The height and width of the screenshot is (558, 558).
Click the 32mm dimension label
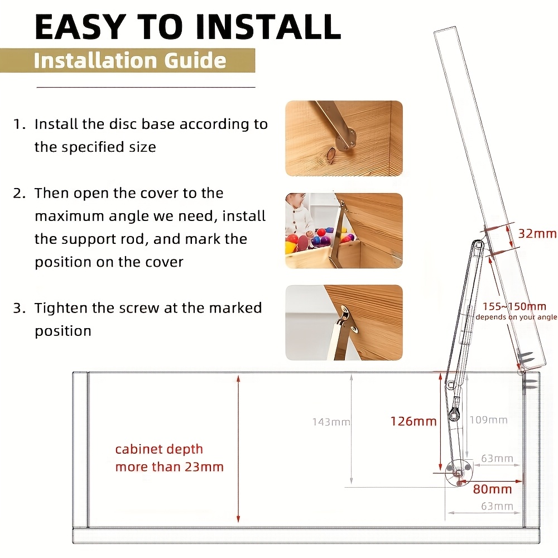pos(537,234)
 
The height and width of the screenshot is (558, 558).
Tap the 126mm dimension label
pos(413,421)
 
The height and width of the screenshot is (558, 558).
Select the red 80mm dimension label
pos(493,489)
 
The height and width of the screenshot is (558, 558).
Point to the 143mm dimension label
pos(331,422)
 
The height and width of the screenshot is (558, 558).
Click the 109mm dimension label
pos(488,420)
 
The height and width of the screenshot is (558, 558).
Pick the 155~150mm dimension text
pos(514,306)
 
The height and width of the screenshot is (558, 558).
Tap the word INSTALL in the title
pos(268,27)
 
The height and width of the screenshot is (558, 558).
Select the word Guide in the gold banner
pos(195,60)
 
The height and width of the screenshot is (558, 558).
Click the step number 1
pos(18,124)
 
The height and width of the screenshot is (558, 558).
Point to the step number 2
pos(19,193)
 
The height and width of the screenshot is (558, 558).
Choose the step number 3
pos(19,308)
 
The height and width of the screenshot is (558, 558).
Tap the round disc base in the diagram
pos(459,473)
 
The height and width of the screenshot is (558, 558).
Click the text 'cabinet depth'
pos(159,449)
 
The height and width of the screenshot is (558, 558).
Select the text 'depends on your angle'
pos(516,317)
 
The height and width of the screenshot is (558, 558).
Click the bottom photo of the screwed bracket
pos(344,323)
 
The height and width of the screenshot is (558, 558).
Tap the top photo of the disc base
pos(344,138)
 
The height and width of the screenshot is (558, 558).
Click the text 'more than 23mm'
pos(170,467)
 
